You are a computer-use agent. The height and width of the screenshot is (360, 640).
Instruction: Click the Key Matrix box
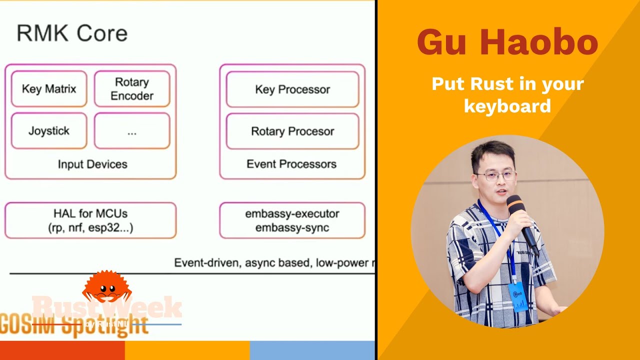49,89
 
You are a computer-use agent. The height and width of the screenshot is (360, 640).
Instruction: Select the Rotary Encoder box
132,89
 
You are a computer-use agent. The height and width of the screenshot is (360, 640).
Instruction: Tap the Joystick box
49,131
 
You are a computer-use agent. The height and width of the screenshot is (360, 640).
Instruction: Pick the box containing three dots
132,131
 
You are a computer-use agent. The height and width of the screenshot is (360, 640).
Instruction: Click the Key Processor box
292,89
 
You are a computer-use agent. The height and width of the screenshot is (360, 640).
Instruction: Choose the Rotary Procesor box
292,131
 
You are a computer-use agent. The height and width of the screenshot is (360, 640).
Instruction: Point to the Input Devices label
92,164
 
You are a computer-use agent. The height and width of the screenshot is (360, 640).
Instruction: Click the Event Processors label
291,164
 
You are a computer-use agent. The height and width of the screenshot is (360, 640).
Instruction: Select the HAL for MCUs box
90,220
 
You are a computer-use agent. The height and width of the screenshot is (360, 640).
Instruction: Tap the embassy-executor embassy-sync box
292,220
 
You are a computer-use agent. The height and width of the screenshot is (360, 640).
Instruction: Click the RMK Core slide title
72,34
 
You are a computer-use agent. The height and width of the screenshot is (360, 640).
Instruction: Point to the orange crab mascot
106,287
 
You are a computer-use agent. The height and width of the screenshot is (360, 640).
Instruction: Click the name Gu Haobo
507,43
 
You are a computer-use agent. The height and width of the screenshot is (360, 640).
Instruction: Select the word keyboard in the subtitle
507,106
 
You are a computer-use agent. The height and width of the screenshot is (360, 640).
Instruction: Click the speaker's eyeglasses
495,176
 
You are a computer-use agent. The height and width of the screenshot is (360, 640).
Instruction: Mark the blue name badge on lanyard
518,297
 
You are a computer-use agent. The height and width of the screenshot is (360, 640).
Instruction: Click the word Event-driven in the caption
206,263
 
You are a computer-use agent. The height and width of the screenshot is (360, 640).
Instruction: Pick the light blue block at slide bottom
312,350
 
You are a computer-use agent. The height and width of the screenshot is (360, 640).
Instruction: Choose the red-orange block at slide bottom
62,350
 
